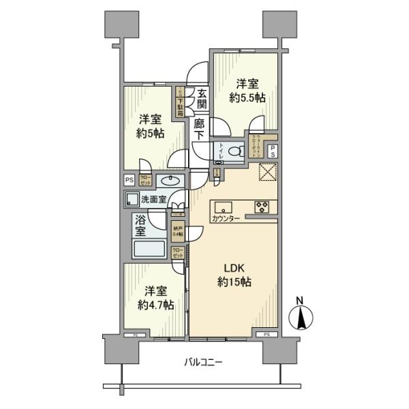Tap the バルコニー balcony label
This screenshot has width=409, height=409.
pos(204,362)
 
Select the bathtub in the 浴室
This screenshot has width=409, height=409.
pos(150,249)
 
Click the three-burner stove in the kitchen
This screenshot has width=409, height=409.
pos(262,207)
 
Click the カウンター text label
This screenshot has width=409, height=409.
pos(226,219)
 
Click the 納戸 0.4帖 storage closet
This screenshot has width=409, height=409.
pos(178,231)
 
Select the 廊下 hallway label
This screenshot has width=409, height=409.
pos(199,130)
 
